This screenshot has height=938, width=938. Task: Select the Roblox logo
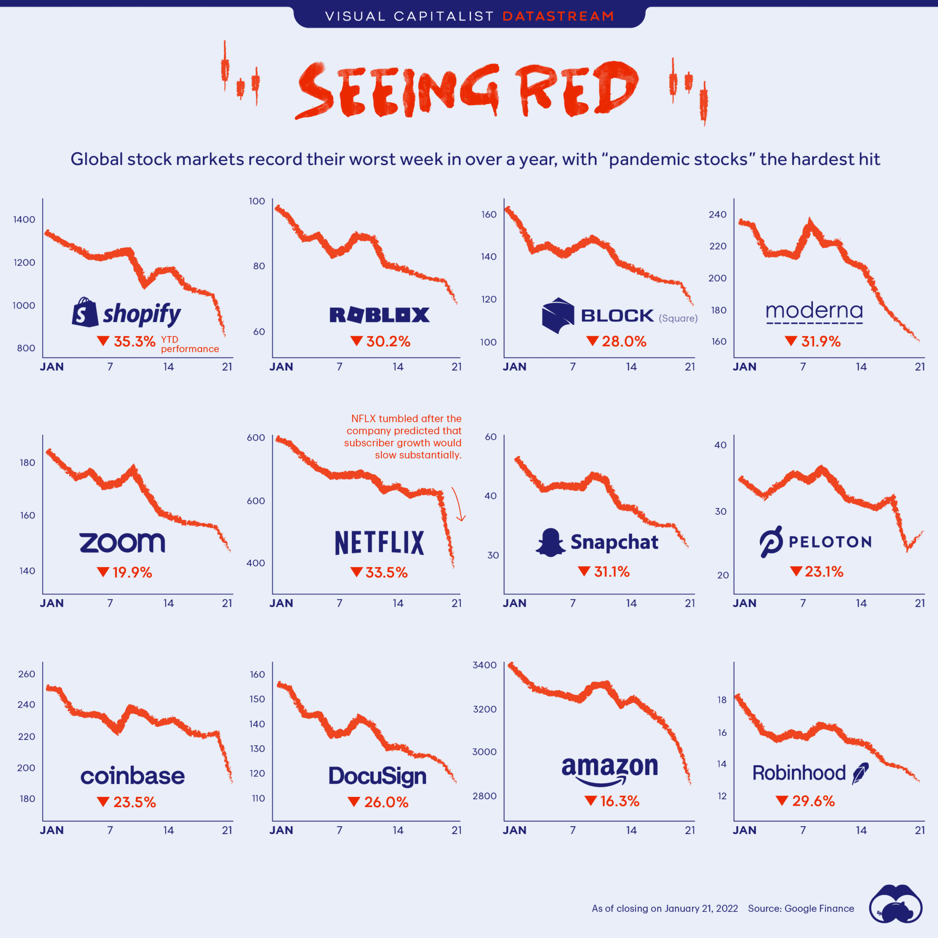point(379,315)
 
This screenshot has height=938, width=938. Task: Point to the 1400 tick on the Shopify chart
point(24,219)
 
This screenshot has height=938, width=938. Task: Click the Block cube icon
point(558,315)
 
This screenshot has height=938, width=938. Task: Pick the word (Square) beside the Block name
point(678,318)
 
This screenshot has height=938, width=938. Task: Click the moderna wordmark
point(814,311)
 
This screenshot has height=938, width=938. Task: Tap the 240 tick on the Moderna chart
point(718,215)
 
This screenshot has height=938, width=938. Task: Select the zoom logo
point(122,542)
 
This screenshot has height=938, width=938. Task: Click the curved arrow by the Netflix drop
point(459,504)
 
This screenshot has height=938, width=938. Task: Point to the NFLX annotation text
point(403,436)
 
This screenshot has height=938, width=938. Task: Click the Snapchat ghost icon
point(550,542)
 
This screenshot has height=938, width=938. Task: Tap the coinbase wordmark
point(132,776)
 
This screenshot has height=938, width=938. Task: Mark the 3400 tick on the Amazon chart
point(485,665)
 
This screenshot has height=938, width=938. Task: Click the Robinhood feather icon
point(860,774)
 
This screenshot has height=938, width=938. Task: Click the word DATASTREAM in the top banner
point(558,16)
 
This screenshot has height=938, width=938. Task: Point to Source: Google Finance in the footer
point(801,908)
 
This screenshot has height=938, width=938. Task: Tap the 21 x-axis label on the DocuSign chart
point(456,830)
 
